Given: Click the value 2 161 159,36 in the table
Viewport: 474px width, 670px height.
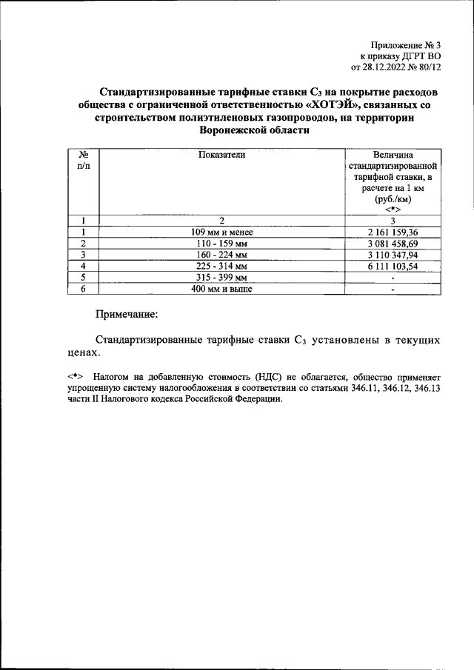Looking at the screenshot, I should [393, 232].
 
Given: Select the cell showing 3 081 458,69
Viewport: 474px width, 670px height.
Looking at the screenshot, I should [393, 243].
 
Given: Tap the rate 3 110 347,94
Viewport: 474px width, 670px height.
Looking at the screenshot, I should [393, 255].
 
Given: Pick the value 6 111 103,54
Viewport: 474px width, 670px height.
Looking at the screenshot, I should [393, 266].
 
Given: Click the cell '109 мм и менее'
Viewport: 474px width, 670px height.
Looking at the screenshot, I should [222, 232].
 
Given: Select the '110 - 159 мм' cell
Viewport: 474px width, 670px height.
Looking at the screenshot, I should [222, 243].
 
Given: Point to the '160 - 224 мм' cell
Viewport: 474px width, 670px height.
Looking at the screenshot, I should [222, 255].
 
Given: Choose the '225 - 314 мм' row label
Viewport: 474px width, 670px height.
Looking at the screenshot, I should [222, 266].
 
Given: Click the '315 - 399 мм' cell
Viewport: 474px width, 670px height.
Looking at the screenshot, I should [222, 278].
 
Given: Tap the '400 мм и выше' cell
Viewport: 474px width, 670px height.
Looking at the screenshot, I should [222, 289].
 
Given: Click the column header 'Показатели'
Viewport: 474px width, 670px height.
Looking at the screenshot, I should [221, 155].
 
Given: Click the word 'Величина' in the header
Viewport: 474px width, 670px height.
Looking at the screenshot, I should [393, 155].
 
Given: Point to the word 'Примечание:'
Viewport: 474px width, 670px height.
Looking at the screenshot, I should [127, 315].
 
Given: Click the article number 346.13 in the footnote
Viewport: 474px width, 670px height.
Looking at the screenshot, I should [426, 388].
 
